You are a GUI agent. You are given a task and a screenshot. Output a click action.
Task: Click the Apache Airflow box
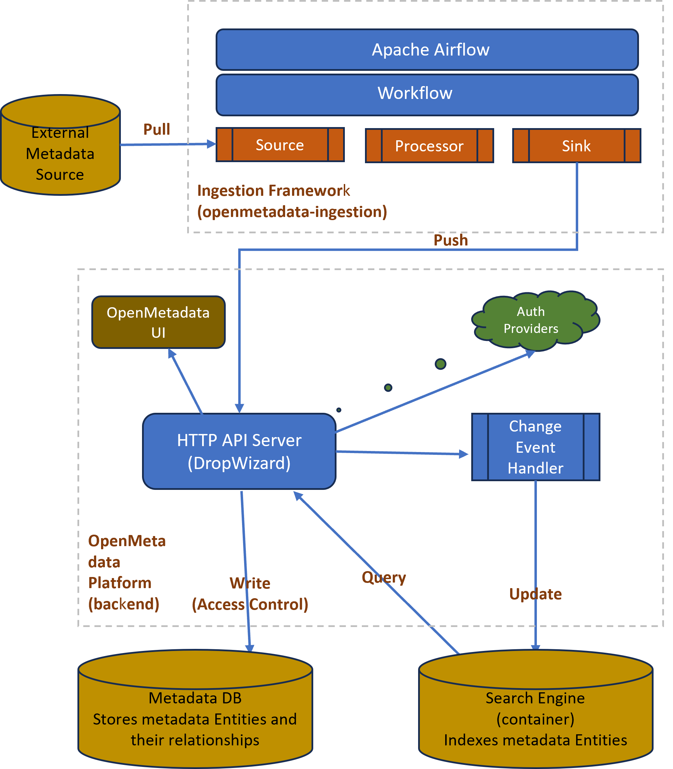pos(427,50)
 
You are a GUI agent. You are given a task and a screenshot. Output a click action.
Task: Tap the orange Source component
pos(280,145)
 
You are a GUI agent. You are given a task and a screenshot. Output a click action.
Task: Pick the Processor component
pos(429,146)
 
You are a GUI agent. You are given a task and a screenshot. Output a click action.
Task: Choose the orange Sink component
pos(576,146)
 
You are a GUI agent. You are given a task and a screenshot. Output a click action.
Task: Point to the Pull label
pos(157,129)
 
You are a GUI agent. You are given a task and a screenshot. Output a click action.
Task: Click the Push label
pos(451,240)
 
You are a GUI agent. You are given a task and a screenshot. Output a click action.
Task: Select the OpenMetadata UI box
pos(158,322)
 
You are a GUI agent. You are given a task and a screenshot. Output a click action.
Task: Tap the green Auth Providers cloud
pos(533,320)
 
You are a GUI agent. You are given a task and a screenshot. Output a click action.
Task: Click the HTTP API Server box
pos(239,451)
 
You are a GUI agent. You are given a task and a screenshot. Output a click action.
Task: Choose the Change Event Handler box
pos(535,447)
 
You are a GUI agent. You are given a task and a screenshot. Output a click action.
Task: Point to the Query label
pos(383,577)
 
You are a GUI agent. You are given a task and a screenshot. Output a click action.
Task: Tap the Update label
pos(535,594)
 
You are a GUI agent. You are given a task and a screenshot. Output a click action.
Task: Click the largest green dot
pos(441,364)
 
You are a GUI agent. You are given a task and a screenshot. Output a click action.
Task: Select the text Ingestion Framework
pos(273,191)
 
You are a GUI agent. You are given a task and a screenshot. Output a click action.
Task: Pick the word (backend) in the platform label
pos(124,604)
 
